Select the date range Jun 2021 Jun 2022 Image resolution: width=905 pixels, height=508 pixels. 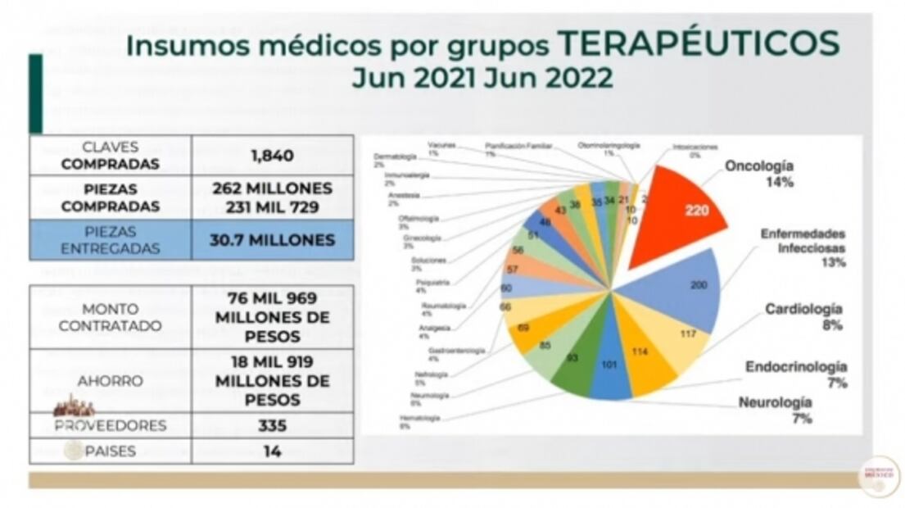point(482,78)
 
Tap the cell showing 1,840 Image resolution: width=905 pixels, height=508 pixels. point(272,155)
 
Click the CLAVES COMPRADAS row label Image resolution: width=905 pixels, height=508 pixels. point(111,155)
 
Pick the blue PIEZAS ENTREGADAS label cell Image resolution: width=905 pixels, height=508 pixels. point(111,240)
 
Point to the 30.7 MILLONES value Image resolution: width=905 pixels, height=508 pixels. point(272,240)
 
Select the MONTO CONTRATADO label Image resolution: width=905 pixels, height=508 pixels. point(111,317)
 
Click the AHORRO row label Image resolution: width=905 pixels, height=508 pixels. point(111,381)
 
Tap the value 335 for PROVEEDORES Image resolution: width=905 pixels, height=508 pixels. point(272,426)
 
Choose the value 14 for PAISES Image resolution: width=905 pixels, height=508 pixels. point(272,451)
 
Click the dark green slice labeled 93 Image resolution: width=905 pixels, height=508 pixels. point(576,356)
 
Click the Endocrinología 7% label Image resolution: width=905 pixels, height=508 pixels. point(795,374)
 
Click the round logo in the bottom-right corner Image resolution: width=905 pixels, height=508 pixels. point(878,477)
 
